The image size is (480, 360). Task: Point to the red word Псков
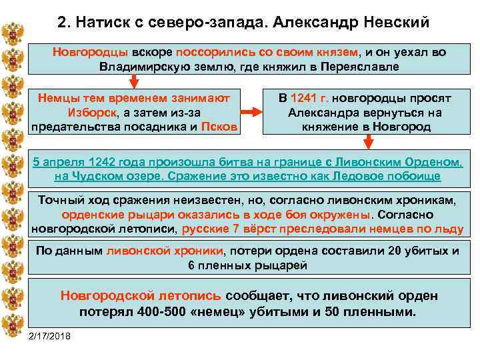(219, 126)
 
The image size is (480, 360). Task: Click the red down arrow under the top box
(134, 81)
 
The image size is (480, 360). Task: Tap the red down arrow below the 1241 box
(367, 141)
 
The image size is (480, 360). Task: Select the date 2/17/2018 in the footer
(51, 335)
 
